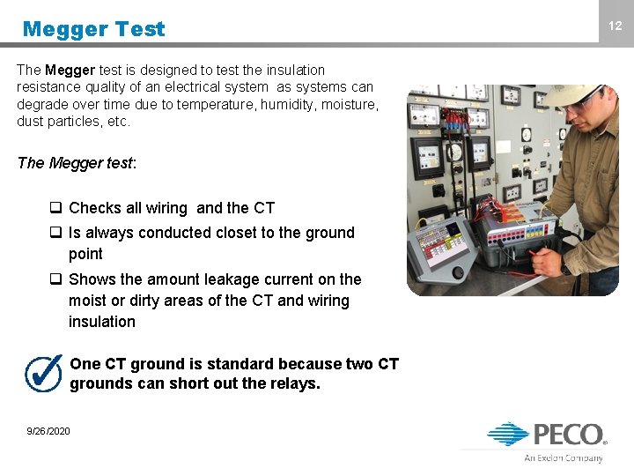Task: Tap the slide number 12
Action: (615, 26)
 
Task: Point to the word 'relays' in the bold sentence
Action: (296, 383)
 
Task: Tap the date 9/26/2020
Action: (48, 431)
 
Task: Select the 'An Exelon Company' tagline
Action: (564, 458)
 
